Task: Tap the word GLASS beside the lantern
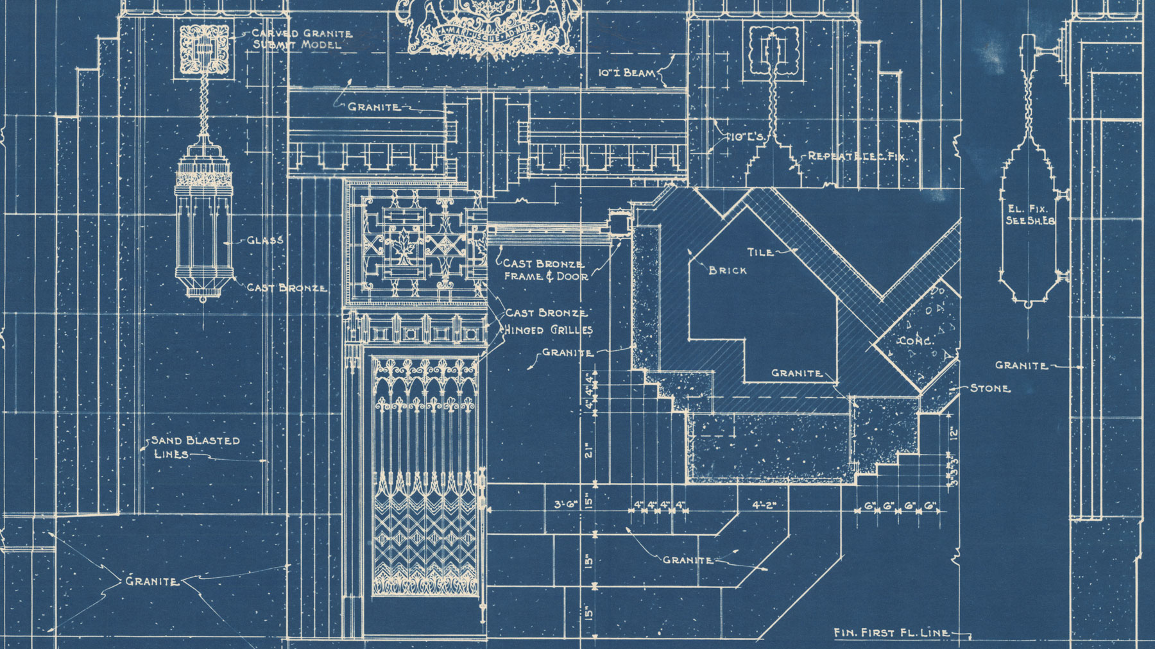coord(265,240)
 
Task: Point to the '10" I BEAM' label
coord(627,73)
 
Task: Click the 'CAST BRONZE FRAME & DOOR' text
coord(544,270)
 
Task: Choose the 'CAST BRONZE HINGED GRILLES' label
coord(547,321)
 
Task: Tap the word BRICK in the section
coord(728,271)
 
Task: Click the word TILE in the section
coord(760,252)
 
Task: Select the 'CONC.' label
coord(915,341)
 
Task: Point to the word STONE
coord(989,388)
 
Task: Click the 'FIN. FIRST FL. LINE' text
coord(891,632)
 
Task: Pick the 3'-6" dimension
coord(567,505)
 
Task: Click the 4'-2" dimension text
coord(764,505)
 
